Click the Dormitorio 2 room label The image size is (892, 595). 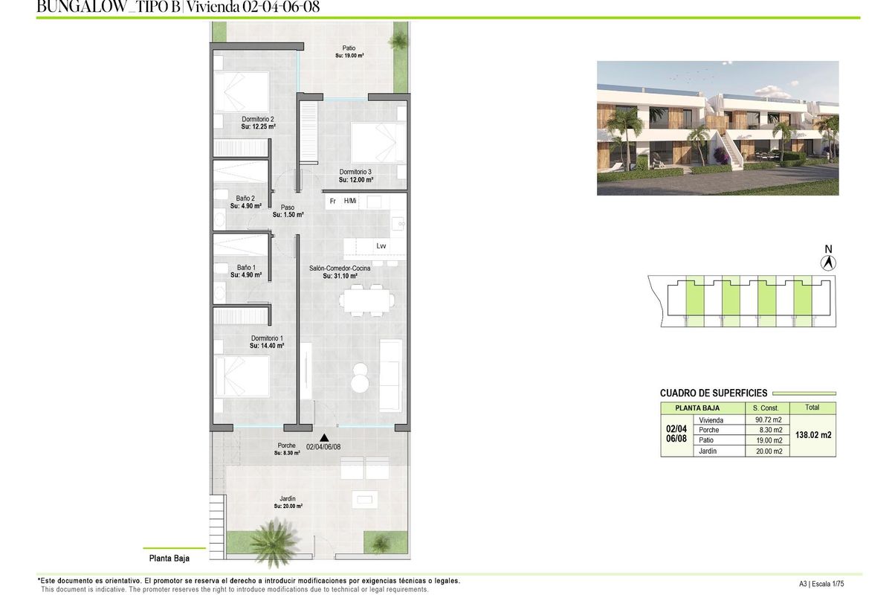258,119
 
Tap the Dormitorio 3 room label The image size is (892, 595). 355,172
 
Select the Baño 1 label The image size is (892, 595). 246,268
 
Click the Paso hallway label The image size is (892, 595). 288,208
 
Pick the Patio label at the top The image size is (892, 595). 349,48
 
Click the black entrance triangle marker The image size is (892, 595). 323,439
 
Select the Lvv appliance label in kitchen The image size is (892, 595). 381,246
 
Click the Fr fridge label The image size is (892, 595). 333,201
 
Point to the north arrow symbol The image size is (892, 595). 830,262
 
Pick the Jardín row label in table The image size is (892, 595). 708,451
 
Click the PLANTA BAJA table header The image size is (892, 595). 702,408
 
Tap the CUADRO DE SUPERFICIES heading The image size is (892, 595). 713,393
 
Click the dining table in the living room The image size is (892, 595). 367,300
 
